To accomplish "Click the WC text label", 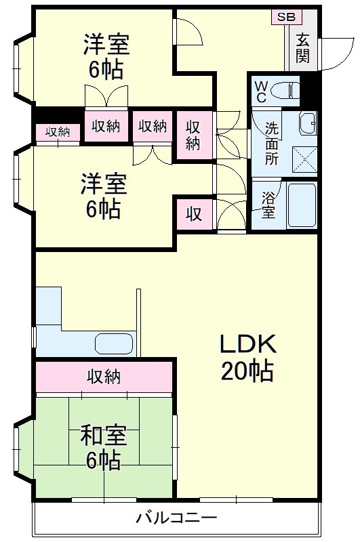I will (261, 91).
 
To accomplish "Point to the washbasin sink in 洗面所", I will (307, 123).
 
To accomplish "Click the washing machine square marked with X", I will (302, 158).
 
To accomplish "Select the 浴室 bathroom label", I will (268, 205).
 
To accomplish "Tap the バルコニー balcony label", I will (176, 518).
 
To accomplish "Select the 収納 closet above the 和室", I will (104, 377).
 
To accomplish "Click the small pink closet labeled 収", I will (194, 214).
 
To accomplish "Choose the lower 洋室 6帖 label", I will (102, 196).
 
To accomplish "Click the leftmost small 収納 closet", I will (58, 132).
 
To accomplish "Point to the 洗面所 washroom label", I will (271, 143).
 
